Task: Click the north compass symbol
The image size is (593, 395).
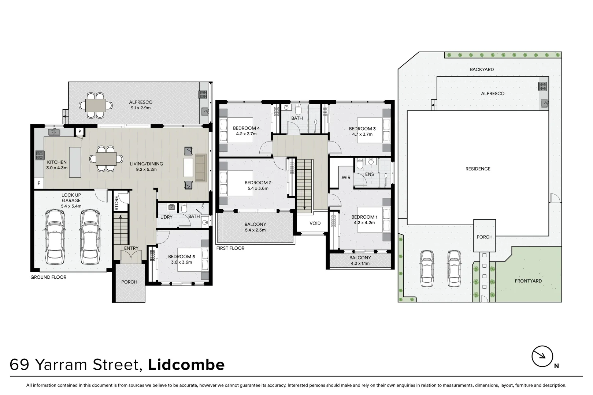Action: tap(542, 356)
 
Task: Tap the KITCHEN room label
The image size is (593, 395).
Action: tap(57, 162)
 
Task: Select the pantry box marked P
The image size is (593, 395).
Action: tap(79, 131)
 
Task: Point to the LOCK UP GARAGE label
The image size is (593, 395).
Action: tap(71, 198)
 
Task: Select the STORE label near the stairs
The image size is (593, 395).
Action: tap(116, 204)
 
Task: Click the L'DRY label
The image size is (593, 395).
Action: tap(166, 217)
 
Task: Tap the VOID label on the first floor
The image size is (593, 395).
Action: tap(315, 223)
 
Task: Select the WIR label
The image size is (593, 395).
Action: tap(346, 177)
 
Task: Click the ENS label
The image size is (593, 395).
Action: tap(370, 174)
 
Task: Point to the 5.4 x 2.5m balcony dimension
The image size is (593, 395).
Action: tap(255, 230)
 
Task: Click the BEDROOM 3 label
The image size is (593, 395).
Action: tap(362, 128)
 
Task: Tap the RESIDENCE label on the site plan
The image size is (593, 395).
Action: tap(478, 169)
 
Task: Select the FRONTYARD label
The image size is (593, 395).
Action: tap(528, 281)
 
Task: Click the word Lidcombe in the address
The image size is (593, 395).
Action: tap(186, 365)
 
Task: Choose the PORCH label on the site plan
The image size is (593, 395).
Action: tap(484, 237)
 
